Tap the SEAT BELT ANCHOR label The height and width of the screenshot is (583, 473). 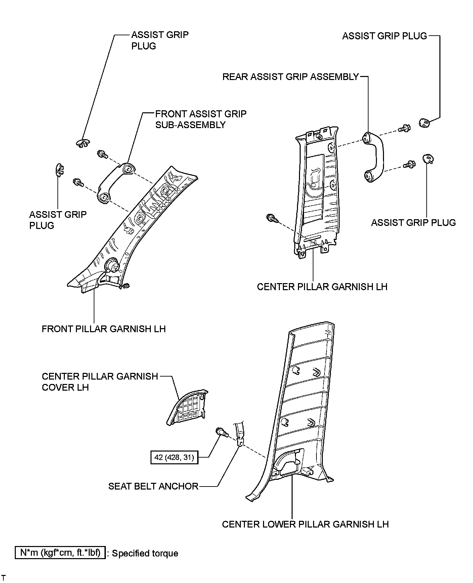click(x=153, y=486)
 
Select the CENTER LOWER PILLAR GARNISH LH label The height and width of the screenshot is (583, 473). click(x=305, y=524)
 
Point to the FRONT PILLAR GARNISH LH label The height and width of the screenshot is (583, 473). click(x=103, y=328)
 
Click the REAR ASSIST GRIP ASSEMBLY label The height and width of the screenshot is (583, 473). click(x=291, y=77)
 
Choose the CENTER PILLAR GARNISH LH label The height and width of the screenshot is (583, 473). click(x=322, y=286)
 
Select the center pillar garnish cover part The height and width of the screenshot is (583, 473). click(x=188, y=407)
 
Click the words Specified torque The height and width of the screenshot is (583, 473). click(x=145, y=553)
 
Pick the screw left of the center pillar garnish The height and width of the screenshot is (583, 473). click(x=271, y=219)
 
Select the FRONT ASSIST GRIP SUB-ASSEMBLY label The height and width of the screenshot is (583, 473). click(x=201, y=119)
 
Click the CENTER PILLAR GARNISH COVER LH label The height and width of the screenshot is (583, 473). click(x=100, y=382)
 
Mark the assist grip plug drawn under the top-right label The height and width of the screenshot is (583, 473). click(x=425, y=123)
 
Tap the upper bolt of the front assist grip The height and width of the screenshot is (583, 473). click(x=102, y=154)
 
